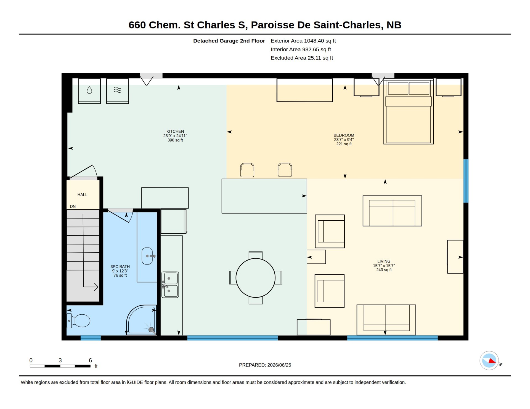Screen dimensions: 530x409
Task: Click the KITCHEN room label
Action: (x=175, y=132)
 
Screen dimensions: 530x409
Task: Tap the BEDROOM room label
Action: (x=344, y=135)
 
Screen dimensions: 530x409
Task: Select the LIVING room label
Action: (x=384, y=261)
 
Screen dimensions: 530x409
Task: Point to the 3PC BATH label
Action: (x=120, y=267)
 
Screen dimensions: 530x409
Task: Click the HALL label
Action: (x=82, y=195)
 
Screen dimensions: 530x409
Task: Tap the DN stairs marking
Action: (x=73, y=207)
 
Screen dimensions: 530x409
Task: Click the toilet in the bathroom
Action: (x=78, y=321)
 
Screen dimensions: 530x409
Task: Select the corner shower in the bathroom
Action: (x=142, y=320)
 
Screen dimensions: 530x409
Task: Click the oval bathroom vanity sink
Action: (x=147, y=256)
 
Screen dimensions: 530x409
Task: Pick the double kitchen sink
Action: (x=170, y=285)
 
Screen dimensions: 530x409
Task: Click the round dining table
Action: (x=256, y=278)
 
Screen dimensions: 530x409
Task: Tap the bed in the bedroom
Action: (x=408, y=112)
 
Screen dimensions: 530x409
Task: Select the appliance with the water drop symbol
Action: (x=89, y=91)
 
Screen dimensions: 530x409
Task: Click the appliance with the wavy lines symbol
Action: (x=118, y=91)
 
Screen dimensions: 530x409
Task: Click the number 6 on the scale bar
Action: (x=90, y=360)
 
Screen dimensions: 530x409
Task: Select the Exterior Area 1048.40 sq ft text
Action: (x=303, y=41)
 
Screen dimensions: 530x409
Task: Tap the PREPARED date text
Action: (x=265, y=365)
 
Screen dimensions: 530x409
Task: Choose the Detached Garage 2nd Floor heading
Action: (x=229, y=41)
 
